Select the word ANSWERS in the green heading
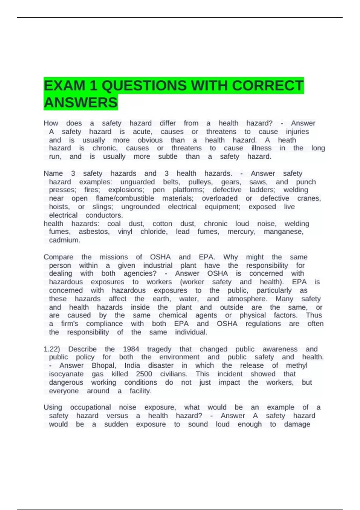pyautogui.click(x=80, y=103)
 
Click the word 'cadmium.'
pyautogui.click(x=64, y=240)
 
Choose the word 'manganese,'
pyautogui.click(x=283, y=232)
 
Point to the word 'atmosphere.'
pyautogui.click(x=247, y=299)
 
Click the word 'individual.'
pyautogui.click(x=191, y=332)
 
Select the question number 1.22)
pyautogui.click(x=52, y=349)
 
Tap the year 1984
pyautogui.click(x=131, y=349)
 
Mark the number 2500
pyautogui.click(x=144, y=374)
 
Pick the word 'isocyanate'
pyautogui.click(x=66, y=374)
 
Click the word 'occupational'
pyautogui.click(x=90, y=407)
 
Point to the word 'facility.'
pyautogui.click(x=140, y=391)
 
